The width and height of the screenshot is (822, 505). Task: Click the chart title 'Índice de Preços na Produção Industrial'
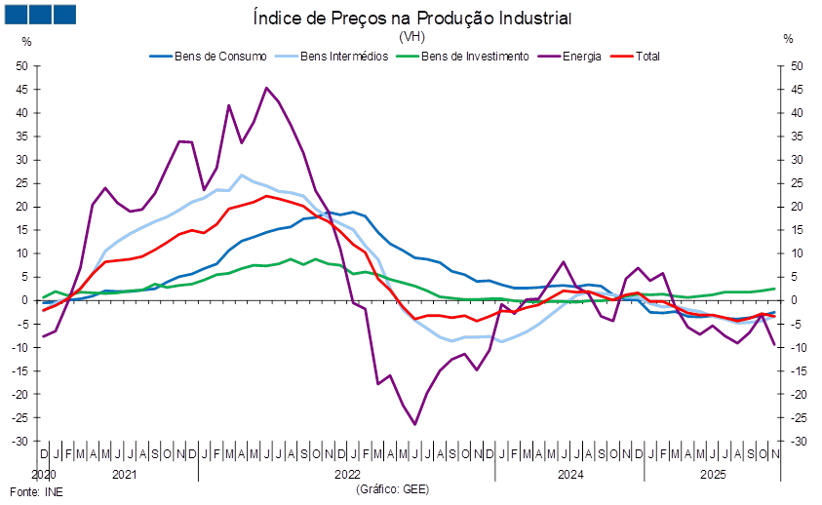pos(411,19)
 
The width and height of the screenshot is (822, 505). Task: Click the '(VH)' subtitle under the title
pos(411,36)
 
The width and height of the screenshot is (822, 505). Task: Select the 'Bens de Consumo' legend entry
pos(209,57)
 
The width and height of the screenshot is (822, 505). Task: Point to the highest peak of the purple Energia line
pos(266,87)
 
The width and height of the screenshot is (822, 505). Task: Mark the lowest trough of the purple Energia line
pos(415,424)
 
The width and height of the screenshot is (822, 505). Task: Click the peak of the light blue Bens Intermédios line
pos(241,175)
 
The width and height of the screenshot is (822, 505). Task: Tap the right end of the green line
pos(776,288)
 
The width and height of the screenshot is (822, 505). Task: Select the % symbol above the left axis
pos(26,40)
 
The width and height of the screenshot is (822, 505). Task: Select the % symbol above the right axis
pos(789,40)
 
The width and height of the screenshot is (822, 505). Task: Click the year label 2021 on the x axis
pos(124,475)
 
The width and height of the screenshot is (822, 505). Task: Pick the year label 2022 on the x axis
pos(347,475)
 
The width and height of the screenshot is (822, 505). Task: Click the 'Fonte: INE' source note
pos(36,492)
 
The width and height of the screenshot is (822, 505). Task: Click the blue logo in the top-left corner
pos(40,14)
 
